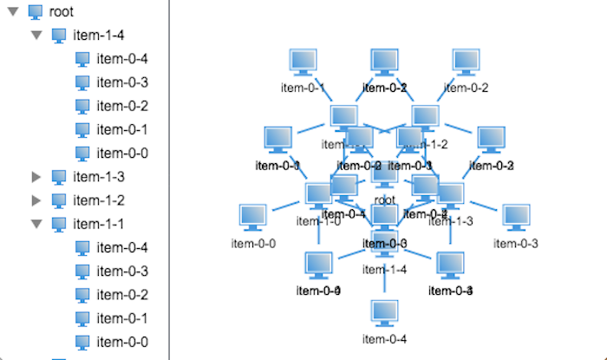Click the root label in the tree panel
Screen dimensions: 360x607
coord(62,12)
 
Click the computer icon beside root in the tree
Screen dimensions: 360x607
coord(36,12)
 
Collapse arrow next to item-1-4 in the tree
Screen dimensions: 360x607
coord(36,36)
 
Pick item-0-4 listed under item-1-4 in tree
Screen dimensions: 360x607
coord(122,59)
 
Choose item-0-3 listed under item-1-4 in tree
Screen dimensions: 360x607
coord(122,82)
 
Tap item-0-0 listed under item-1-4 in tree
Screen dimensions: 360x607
coord(122,153)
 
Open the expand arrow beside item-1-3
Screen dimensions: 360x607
coord(36,177)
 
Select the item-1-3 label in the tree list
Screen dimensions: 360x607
coord(99,177)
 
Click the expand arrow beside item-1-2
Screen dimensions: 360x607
coord(36,200)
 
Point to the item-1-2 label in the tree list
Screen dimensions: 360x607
coord(99,200)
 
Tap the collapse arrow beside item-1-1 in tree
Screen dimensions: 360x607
coord(36,224)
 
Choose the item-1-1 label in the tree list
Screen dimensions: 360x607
coord(99,224)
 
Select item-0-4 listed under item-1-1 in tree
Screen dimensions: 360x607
coord(122,247)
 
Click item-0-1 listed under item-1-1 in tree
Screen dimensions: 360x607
coord(122,317)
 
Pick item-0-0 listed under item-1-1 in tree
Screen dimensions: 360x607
coord(122,341)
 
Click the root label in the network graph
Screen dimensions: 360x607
coord(385,200)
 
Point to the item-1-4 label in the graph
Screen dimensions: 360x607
coord(385,270)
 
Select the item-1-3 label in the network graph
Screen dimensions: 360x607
coord(453,221)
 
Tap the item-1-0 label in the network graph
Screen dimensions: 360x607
coord(318,221)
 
